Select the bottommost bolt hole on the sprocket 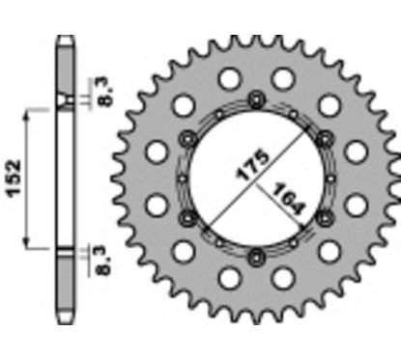tap(256, 255)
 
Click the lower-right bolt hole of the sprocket tap(325, 215)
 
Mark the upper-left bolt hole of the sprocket tap(187, 137)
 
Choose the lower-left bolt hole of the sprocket tap(187, 215)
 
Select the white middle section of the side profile tap(64, 179)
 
